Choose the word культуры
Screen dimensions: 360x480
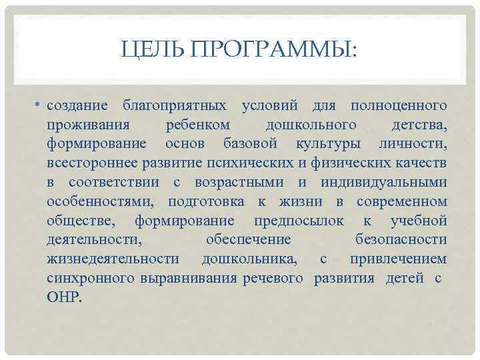[326, 144]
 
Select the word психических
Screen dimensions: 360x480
[248, 163]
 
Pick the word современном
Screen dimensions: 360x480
[401, 202]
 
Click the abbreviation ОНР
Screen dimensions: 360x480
[63, 298]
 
